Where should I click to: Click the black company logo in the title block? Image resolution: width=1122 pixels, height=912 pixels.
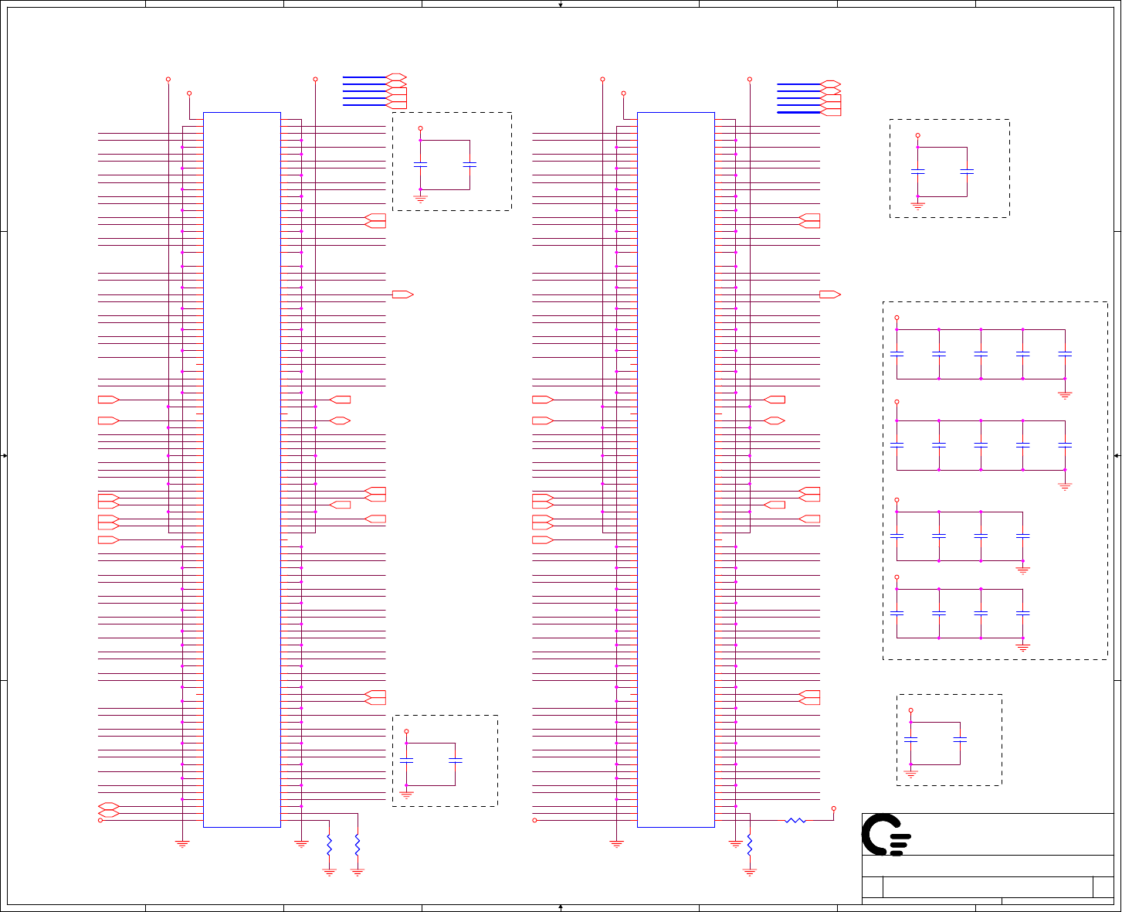(886, 835)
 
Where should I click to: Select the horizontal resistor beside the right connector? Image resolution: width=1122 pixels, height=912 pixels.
(795, 820)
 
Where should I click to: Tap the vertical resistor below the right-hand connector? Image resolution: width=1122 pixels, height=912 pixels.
(749, 844)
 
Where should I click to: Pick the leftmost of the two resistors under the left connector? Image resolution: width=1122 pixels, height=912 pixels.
(329, 844)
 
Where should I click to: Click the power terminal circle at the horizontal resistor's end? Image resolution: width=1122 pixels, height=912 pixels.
(834, 808)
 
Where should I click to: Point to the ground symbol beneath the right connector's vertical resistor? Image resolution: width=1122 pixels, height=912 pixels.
(749, 872)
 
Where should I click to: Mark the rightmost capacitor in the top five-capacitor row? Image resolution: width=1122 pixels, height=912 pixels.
(1065, 354)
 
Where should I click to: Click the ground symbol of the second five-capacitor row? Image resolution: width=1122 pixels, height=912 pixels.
(1065, 485)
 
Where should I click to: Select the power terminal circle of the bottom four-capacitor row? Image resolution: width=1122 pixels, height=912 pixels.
(897, 577)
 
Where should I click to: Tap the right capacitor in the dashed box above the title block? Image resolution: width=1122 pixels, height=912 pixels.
(960, 740)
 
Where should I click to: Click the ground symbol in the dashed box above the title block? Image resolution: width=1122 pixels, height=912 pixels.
(910, 772)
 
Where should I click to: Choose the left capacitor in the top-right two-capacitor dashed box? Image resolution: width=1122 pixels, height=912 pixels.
(917, 172)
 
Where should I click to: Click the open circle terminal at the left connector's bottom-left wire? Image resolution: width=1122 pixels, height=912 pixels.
(100, 820)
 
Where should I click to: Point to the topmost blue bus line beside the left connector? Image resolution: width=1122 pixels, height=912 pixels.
(364, 77)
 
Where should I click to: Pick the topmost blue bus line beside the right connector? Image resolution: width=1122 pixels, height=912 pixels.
(798, 84)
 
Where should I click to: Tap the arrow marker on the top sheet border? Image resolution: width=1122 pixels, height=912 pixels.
(561, 5)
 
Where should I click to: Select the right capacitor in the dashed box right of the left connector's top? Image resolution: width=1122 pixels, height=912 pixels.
(469, 165)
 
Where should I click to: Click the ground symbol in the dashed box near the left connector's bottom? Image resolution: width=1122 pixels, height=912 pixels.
(406, 794)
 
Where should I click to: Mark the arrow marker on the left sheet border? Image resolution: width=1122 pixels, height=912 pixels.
(5, 456)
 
